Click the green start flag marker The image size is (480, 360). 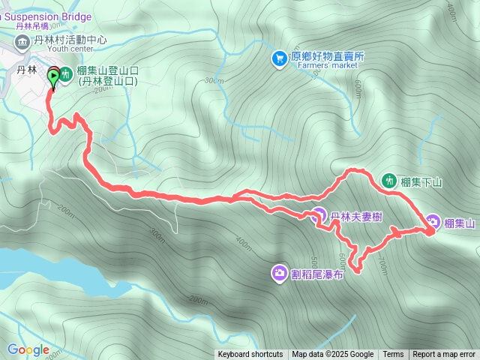pos(53,75)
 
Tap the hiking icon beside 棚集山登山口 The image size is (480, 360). pos(66,74)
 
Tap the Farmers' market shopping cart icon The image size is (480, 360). pos(279,57)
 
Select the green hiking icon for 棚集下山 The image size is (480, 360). pos(389,180)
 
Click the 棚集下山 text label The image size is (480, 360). pos(422,181)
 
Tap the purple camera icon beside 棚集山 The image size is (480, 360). pos(433,222)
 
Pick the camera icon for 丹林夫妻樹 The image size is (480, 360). pos(319,215)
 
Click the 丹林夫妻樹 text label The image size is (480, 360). pos(357,217)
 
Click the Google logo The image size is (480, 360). pos(28,350)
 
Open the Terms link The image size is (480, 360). pos(393,355)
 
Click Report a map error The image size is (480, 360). pos(444,355)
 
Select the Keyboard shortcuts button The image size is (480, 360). pos(250,355)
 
